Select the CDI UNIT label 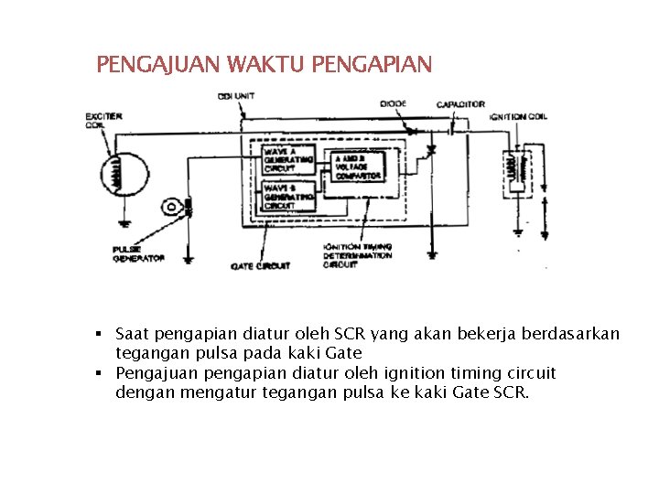(x=237, y=96)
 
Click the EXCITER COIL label (x=103, y=121)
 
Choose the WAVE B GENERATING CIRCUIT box (x=287, y=197)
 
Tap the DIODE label (x=394, y=104)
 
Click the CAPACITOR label (x=459, y=104)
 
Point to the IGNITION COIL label (x=519, y=117)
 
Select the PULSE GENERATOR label (x=138, y=253)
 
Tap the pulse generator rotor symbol (x=171, y=207)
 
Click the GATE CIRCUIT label (x=260, y=266)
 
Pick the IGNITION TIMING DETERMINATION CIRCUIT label (x=357, y=255)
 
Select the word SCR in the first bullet (x=350, y=334)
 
